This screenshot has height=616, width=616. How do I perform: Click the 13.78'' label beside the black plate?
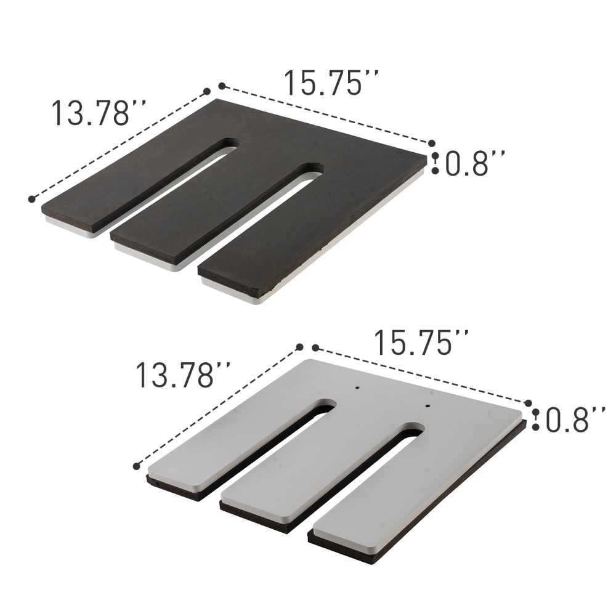(99, 113)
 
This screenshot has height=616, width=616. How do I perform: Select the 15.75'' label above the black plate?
(330, 83)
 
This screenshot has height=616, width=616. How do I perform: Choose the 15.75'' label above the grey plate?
(423, 342)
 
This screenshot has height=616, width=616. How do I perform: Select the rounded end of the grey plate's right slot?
(413, 429)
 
